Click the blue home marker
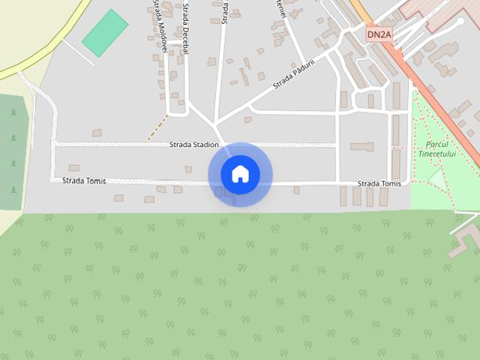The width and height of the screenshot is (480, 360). point(240,174)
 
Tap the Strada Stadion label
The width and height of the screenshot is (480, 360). point(194,144)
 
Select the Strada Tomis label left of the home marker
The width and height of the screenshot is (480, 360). point(84,181)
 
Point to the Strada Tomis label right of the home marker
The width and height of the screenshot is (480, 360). point(379,184)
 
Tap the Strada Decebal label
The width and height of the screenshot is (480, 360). point(184,25)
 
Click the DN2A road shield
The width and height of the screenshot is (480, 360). point(379,34)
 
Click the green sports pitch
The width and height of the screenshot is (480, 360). point(105,32)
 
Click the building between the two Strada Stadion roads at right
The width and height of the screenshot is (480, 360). point(361,147)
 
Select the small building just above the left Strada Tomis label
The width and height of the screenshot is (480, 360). point(73,168)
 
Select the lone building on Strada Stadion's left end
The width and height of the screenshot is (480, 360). point(96,132)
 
